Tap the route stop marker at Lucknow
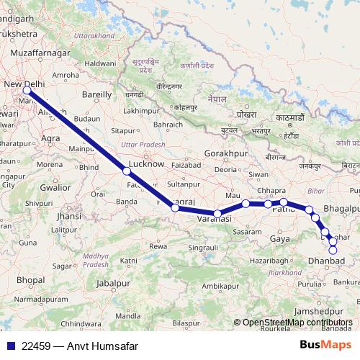(x=127, y=171)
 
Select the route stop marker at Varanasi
(x=217, y=214)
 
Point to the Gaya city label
(x=279, y=238)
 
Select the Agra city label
(x=50, y=137)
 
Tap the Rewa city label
(x=158, y=246)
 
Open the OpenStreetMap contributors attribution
(x=297, y=322)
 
